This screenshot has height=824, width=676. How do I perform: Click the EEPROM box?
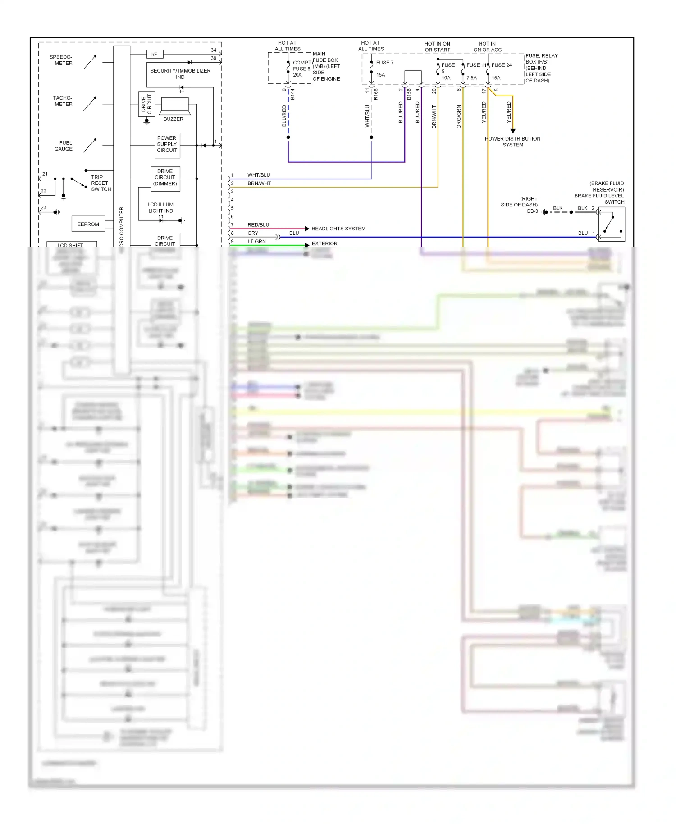point(88,224)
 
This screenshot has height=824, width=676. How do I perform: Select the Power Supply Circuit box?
point(167,145)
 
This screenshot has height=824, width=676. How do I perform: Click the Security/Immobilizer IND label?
point(180,74)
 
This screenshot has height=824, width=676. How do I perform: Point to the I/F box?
point(155,55)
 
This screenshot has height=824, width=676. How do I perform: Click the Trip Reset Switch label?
point(100,183)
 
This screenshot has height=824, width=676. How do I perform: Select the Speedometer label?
point(61,60)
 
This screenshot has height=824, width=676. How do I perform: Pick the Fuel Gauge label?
point(64,146)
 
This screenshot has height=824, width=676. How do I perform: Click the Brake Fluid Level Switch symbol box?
point(611,224)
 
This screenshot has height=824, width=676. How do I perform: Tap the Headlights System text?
point(338,229)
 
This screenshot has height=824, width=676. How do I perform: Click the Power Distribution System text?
point(513,142)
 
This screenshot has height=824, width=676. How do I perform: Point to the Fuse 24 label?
point(502,65)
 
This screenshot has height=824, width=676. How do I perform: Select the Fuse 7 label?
point(385,63)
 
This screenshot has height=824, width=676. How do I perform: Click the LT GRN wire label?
point(256,242)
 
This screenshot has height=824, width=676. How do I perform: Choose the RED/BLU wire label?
point(258,224)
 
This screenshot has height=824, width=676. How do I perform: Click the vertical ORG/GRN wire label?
point(459,117)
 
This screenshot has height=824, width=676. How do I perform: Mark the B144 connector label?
point(292,94)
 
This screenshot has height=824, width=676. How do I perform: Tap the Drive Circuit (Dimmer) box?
point(165,178)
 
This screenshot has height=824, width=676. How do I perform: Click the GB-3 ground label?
point(532,211)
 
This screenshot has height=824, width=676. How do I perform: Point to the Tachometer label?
point(63,101)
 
